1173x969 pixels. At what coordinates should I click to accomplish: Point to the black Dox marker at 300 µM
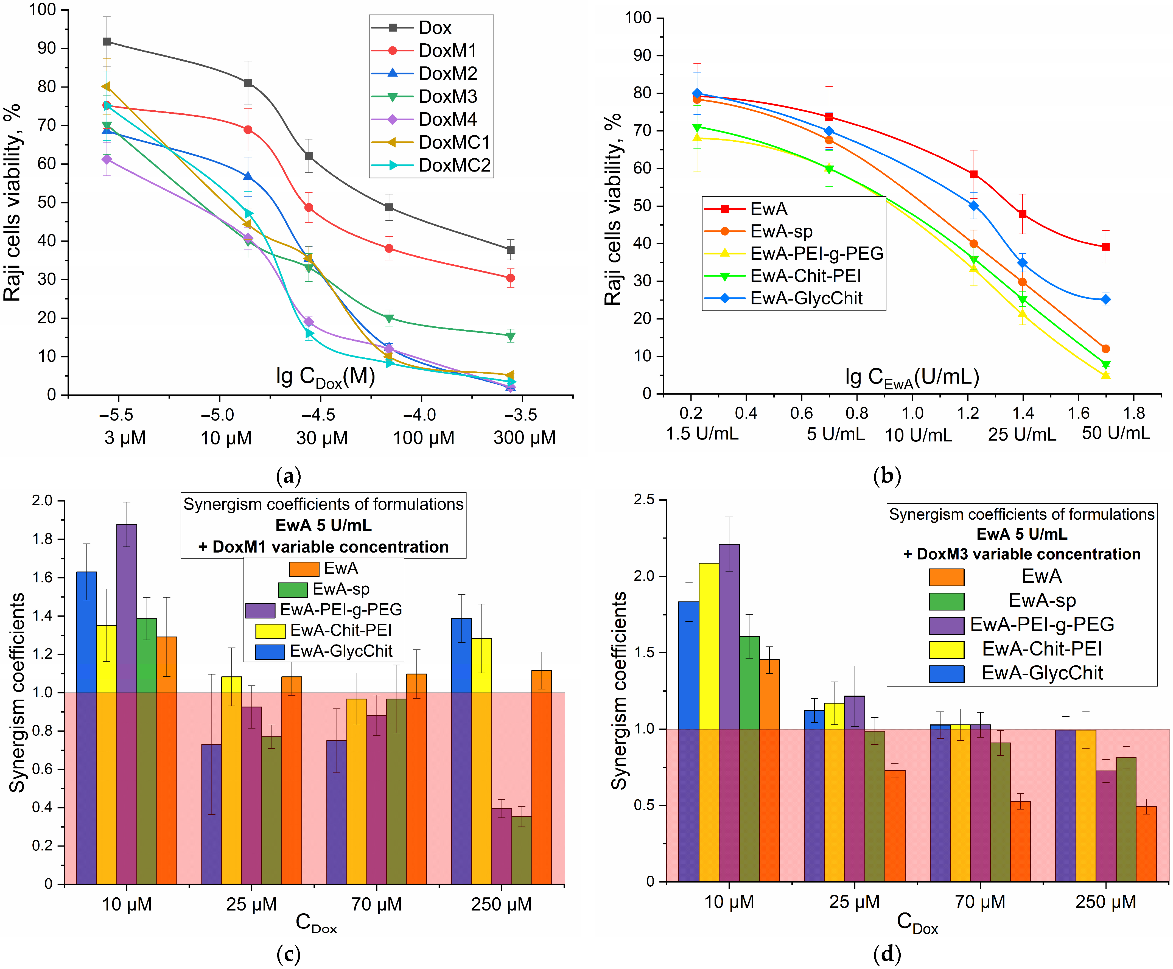pyautogui.click(x=510, y=250)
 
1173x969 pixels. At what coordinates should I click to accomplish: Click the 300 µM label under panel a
pyautogui.click(x=525, y=438)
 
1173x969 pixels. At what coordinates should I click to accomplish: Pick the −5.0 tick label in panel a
pyautogui.click(x=218, y=415)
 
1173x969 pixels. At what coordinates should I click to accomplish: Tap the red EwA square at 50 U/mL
pyautogui.click(x=1105, y=247)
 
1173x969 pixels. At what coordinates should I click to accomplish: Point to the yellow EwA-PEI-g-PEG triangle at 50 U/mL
pyautogui.click(x=1105, y=375)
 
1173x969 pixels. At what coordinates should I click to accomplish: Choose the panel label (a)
pyautogui.click(x=289, y=476)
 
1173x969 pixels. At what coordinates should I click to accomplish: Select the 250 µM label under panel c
pyautogui.click(x=501, y=904)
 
